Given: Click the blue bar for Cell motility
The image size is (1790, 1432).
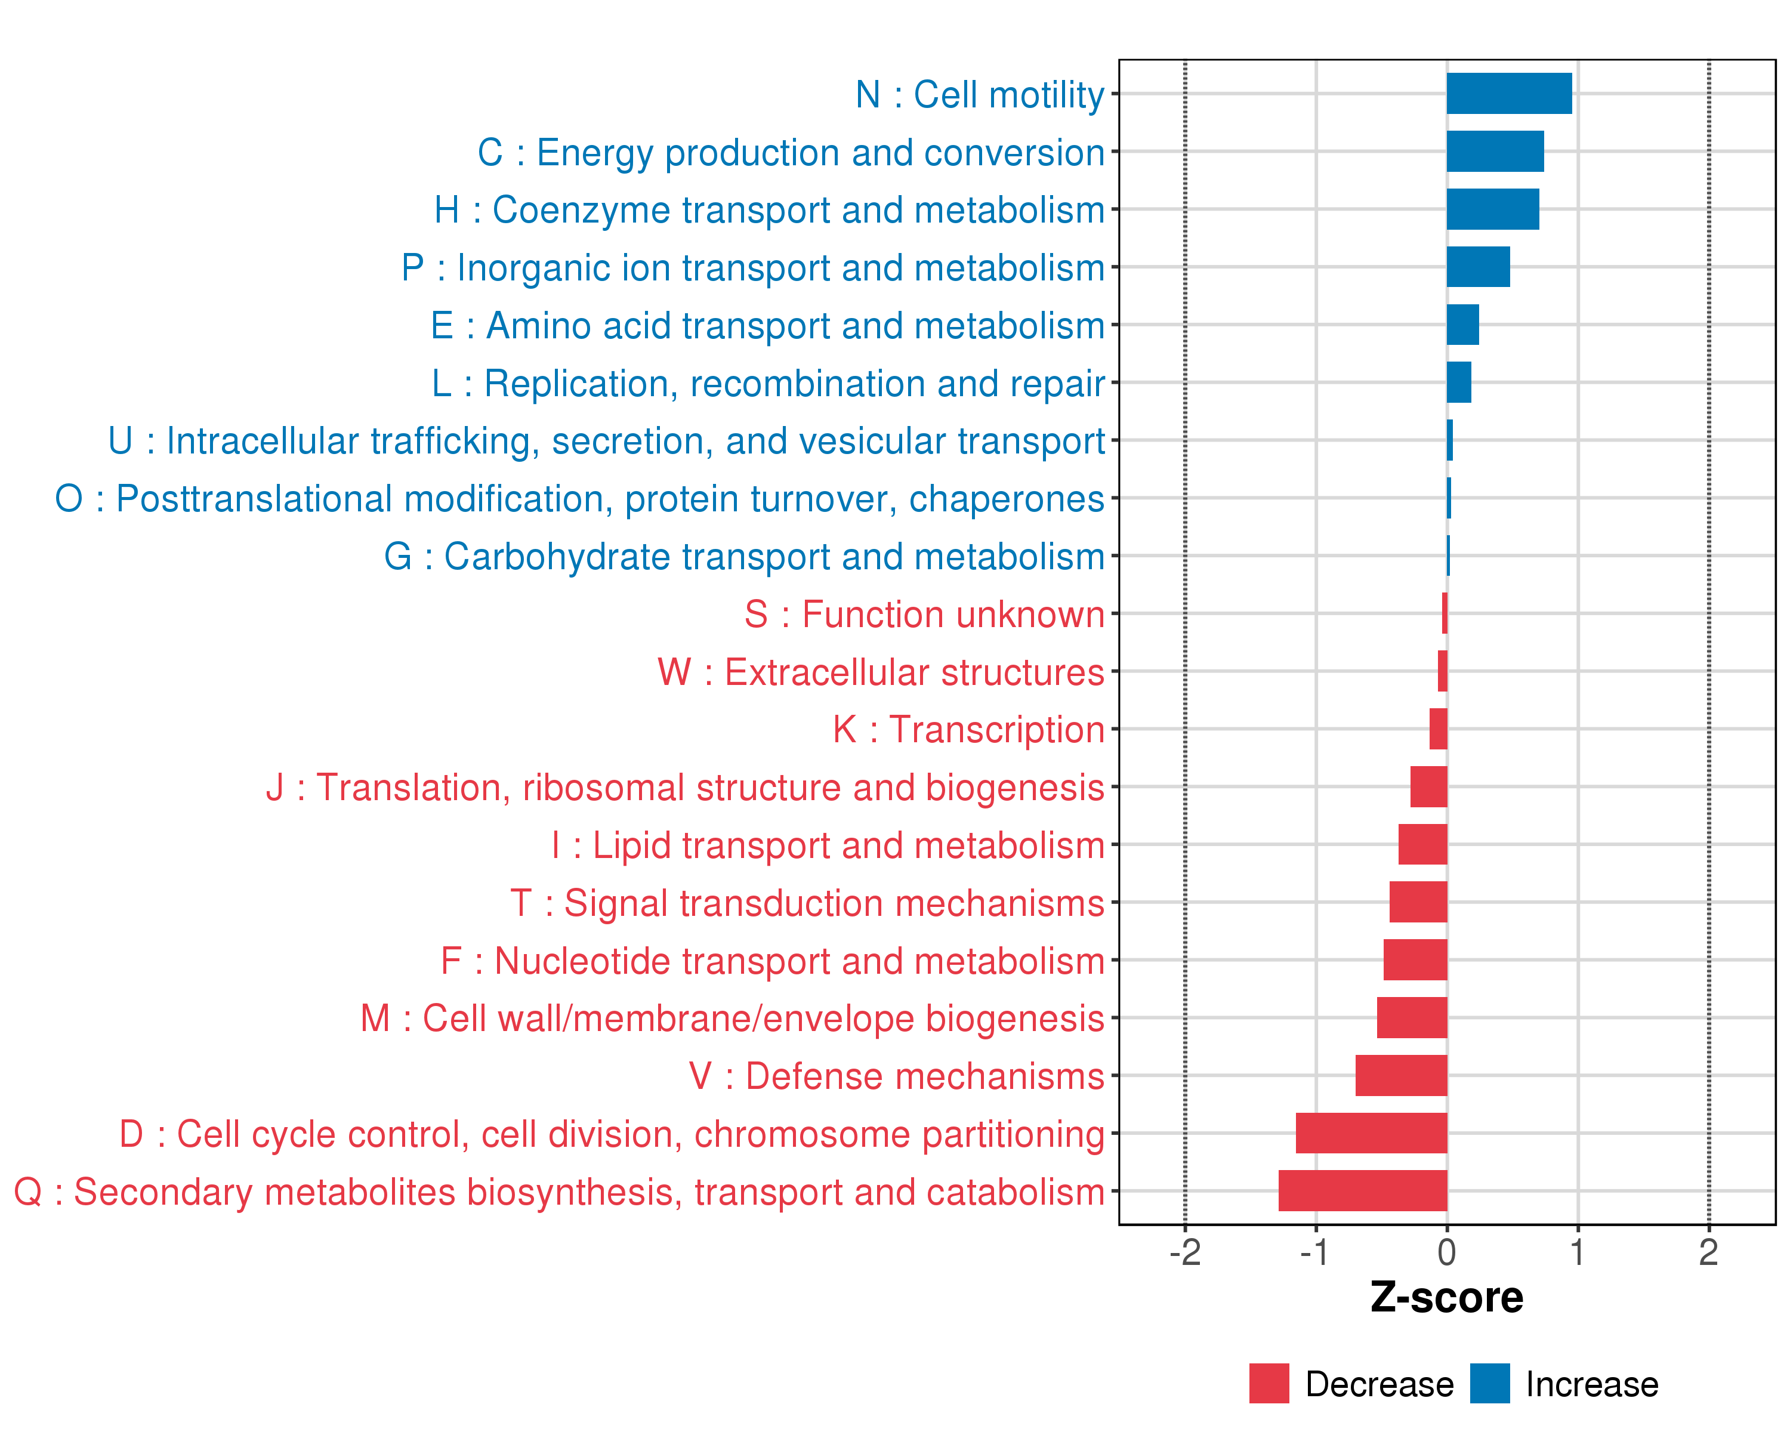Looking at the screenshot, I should [1508, 94].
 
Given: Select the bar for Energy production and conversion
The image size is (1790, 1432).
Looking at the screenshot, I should [1495, 151].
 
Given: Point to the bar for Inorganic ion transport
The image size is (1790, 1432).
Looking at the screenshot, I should [1478, 267].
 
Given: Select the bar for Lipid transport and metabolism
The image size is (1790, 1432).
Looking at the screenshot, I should [1422, 844].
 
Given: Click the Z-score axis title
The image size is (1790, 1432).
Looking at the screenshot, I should [1446, 1298].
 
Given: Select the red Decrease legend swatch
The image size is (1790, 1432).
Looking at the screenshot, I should [1269, 1384].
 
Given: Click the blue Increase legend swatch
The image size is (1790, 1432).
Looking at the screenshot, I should [1489, 1384].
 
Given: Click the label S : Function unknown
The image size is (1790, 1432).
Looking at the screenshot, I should [924, 615].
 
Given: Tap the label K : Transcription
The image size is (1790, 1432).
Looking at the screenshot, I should [968, 730].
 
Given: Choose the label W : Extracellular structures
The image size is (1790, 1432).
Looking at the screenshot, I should [881, 672].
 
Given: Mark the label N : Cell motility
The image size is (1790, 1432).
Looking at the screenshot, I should [980, 95].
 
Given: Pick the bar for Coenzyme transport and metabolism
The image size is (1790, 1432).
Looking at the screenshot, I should [1492, 209].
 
